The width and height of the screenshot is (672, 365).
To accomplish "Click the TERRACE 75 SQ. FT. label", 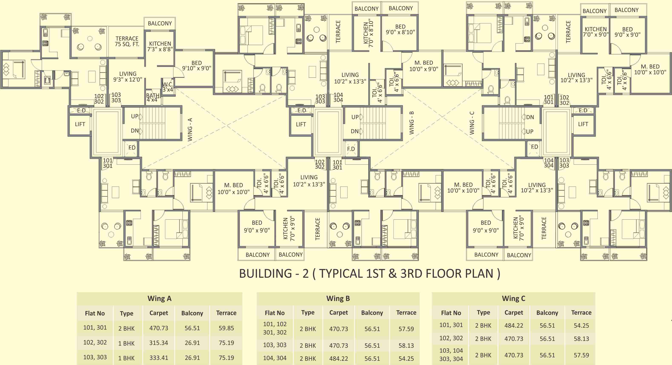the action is tap(127, 41).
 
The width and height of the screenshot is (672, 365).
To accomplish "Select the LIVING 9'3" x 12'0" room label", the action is tap(128, 77).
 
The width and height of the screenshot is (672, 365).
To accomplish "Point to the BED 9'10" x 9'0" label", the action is tap(197, 66).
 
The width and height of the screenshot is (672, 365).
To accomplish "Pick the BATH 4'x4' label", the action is tap(153, 98).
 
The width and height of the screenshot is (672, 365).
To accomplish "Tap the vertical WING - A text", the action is tap(190, 130).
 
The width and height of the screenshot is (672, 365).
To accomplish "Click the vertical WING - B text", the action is tap(411, 123).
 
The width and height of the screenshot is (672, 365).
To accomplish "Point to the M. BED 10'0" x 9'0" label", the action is tap(424, 66).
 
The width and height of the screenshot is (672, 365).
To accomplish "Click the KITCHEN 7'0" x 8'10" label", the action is tap(368, 33).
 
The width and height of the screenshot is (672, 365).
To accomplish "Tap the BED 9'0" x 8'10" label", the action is tap(400, 29).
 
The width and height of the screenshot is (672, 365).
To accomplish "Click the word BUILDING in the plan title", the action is tap(265, 274).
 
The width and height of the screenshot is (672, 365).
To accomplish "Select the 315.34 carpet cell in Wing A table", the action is tap(159, 343).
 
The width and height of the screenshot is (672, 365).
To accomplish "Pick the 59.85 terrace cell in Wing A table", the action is tap(226, 328).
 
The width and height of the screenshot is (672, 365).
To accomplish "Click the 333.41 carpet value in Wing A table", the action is tap(159, 358).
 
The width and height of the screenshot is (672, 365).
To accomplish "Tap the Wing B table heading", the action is tap(338, 298).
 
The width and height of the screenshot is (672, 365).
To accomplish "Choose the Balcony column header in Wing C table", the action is tap(547, 313).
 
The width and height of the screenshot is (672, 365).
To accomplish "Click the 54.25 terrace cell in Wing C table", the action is tap(581, 326).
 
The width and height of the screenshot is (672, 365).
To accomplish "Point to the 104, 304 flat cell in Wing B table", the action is tap(275, 358).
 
